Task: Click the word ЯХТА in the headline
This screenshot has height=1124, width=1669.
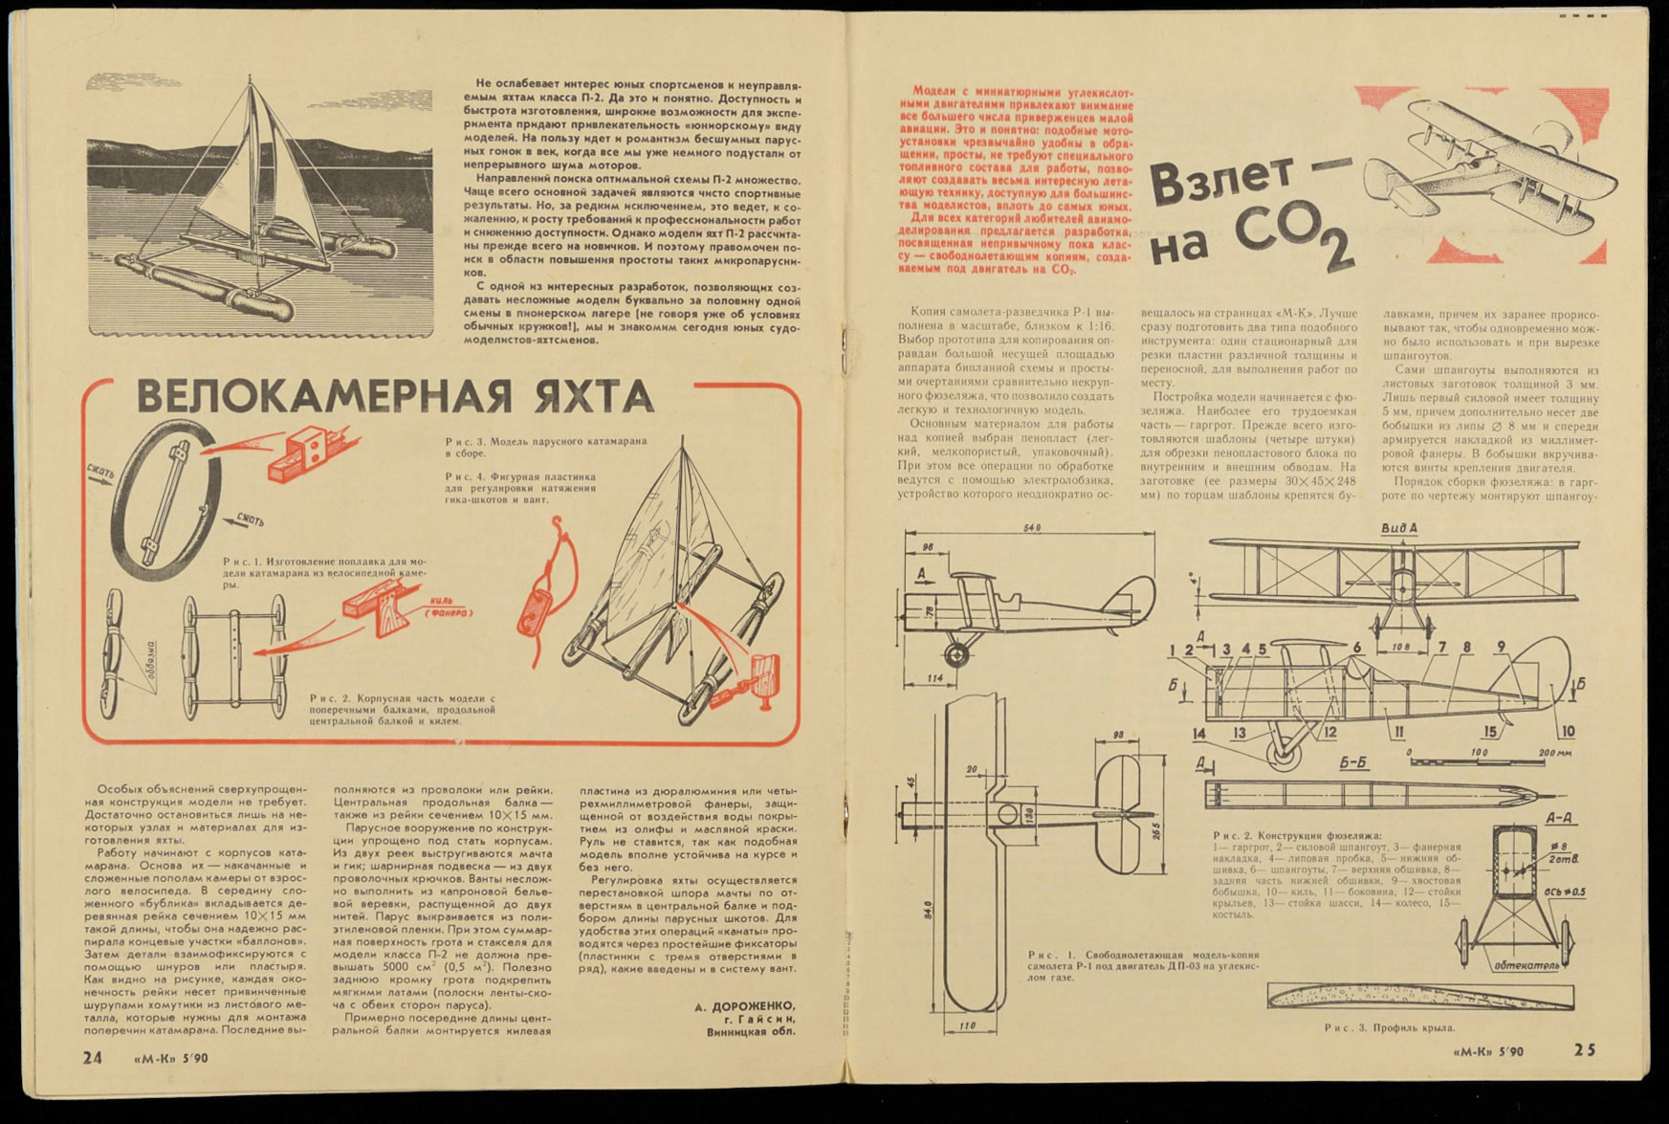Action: (x=579, y=396)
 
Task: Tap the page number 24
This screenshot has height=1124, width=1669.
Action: (x=92, y=1057)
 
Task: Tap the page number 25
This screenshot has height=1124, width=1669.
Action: (x=1584, y=1049)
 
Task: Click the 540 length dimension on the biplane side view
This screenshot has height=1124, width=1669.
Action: (x=1032, y=528)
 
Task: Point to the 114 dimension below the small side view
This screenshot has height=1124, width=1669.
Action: (x=935, y=678)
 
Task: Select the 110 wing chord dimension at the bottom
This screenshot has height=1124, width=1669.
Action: (x=966, y=1027)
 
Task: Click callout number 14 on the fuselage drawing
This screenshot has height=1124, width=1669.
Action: (x=1199, y=734)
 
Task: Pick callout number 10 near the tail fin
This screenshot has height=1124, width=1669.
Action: (x=1567, y=732)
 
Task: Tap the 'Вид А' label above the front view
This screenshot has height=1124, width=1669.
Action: (x=1399, y=528)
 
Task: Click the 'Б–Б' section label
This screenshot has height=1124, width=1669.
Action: (x=1351, y=764)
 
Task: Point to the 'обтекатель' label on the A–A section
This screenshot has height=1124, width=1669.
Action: (x=1526, y=965)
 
